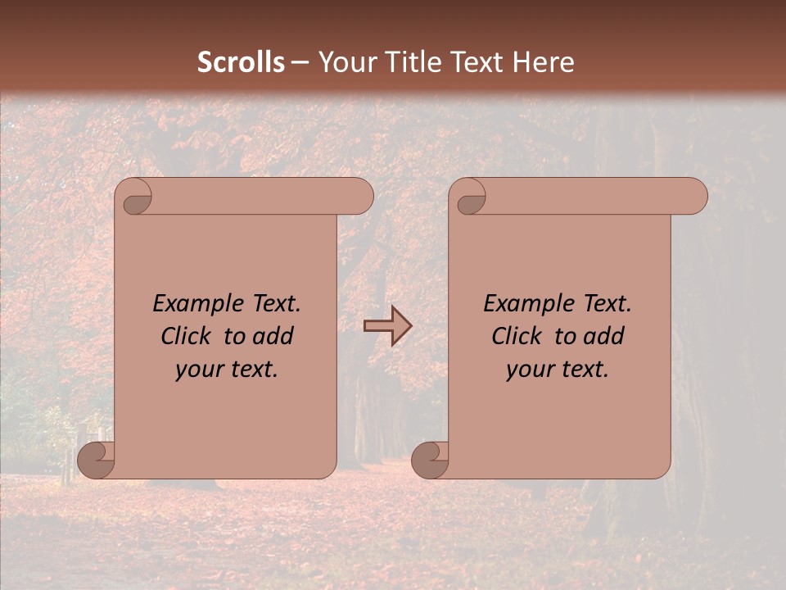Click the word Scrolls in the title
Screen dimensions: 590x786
click(x=242, y=62)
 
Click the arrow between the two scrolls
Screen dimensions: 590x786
click(x=387, y=326)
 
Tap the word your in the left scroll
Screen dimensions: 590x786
click(x=197, y=370)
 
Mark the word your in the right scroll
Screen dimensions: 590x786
click(x=528, y=370)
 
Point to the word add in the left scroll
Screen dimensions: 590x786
click(x=273, y=337)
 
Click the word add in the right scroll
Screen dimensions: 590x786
click(x=604, y=337)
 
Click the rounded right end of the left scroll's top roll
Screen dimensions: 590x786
click(x=361, y=197)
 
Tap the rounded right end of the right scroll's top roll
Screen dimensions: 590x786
click(x=695, y=197)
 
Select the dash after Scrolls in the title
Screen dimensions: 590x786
click(x=300, y=63)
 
